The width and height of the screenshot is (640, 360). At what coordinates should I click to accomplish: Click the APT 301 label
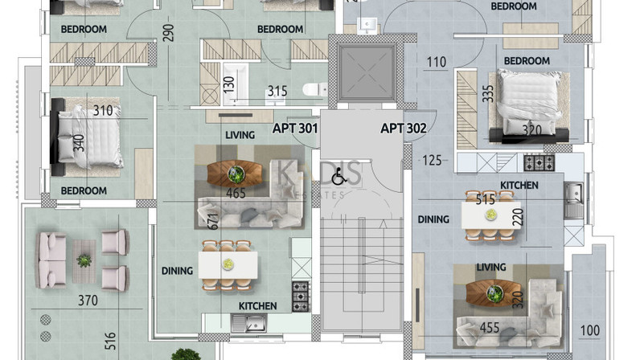click(x=295, y=128)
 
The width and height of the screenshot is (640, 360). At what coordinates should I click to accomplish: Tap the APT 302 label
click(x=404, y=128)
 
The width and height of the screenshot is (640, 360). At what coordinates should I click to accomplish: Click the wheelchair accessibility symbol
click(x=338, y=178)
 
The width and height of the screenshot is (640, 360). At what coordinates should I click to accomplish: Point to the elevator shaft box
click(x=367, y=72)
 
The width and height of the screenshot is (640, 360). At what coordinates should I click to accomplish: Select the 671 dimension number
click(x=214, y=221)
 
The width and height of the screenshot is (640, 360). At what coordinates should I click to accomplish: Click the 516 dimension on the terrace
click(x=110, y=341)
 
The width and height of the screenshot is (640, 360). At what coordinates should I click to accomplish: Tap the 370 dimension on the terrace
click(x=88, y=301)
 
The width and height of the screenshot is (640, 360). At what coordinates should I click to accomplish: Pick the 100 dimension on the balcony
click(x=590, y=330)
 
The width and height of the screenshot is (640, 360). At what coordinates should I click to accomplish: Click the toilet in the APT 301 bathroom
click(x=315, y=88)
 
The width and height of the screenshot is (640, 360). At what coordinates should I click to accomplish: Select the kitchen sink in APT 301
click(x=249, y=324)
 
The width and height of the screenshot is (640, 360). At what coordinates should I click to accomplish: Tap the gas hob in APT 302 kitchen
click(x=539, y=162)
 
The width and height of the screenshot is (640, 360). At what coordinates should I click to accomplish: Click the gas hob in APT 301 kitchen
click(x=301, y=297)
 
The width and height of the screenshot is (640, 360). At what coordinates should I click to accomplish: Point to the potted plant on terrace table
click(x=84, y=260)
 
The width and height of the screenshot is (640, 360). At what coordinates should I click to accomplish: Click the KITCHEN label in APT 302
click(x=519, y=186)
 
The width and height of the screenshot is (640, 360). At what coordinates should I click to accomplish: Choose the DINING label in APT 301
click(x=177, y=271)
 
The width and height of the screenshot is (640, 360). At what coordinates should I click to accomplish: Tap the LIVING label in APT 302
click(x=491, y=268)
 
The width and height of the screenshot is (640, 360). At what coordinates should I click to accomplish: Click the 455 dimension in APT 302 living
click(x=490, y=327)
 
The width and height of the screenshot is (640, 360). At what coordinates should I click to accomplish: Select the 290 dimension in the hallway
click(x=168, y=33)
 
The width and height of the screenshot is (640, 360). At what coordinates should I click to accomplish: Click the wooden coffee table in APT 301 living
click(x=236, y=174)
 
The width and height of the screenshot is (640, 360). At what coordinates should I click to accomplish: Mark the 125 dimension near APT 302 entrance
click(x=432, y=160)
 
